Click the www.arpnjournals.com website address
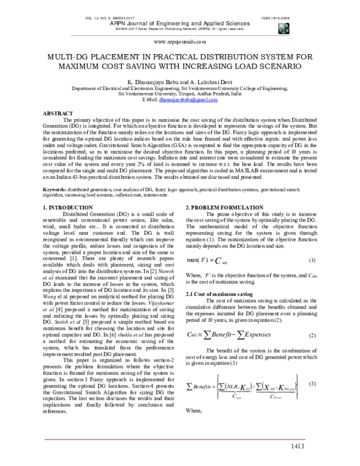pyautogui.click(x=180, y=43)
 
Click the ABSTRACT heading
pyautogui.click(x=62, y=113)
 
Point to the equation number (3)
pyautogui.click(x=312, y=383)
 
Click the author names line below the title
pyautogui.click(x=180, y=80)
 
